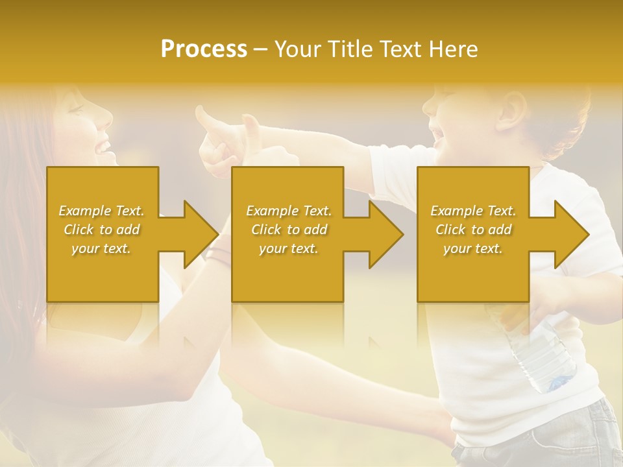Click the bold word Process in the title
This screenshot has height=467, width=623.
204,49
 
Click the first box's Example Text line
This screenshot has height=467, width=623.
102,211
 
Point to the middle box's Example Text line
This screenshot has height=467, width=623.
289,211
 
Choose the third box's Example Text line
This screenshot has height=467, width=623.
473,211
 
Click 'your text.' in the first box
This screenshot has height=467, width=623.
102,248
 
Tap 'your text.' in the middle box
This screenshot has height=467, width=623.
289,248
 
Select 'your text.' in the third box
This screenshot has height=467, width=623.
473,248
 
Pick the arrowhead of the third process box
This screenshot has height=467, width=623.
570,234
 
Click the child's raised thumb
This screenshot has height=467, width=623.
206,118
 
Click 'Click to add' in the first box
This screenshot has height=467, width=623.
102,230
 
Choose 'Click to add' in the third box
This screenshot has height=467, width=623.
473,230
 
